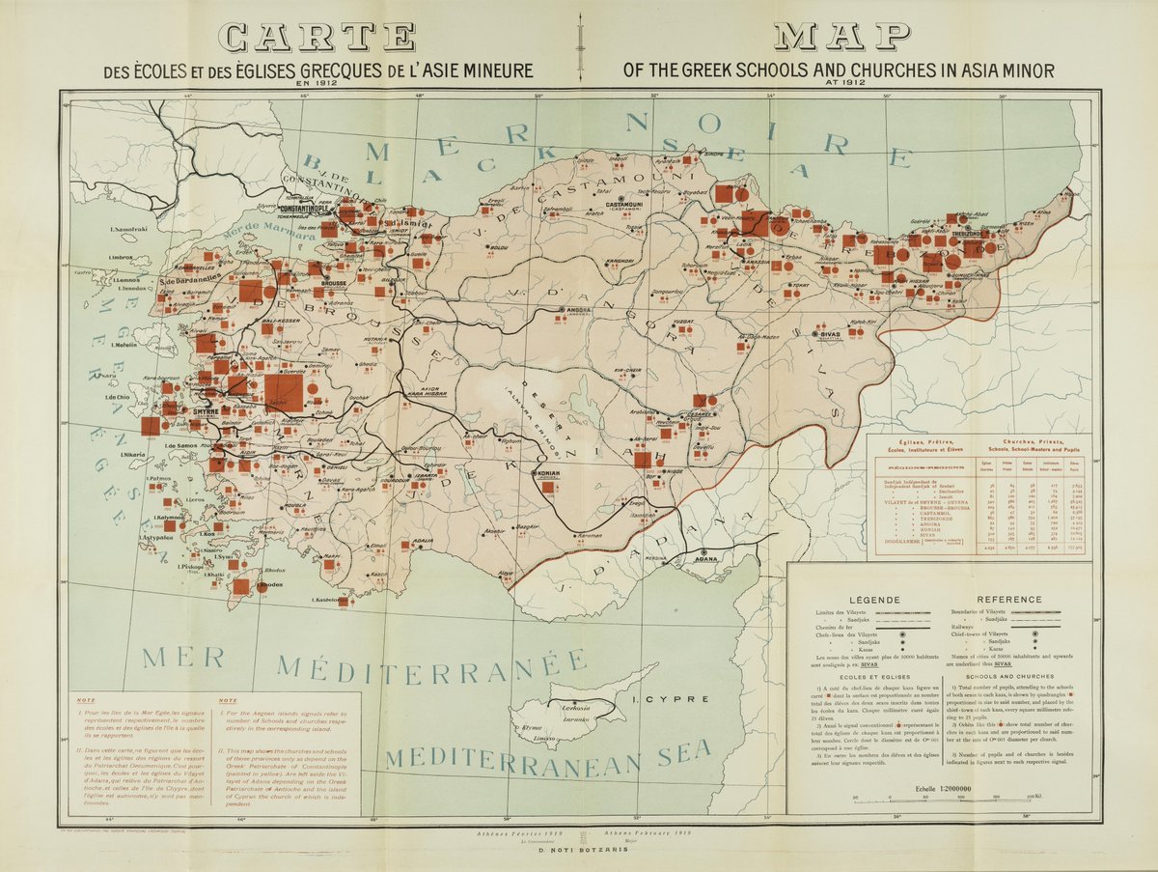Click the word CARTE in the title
pyautogui.click(x=316, y=37)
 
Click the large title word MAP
pyautogui.click(x=841, y=37)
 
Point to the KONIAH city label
pyautogui.click(x=548, y=474)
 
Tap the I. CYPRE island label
pyautogui.click(x=657, y=699)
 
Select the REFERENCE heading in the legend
pyautogui.click(x=1009, y=599)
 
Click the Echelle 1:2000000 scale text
pyautogui.click(x=941, y=788)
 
